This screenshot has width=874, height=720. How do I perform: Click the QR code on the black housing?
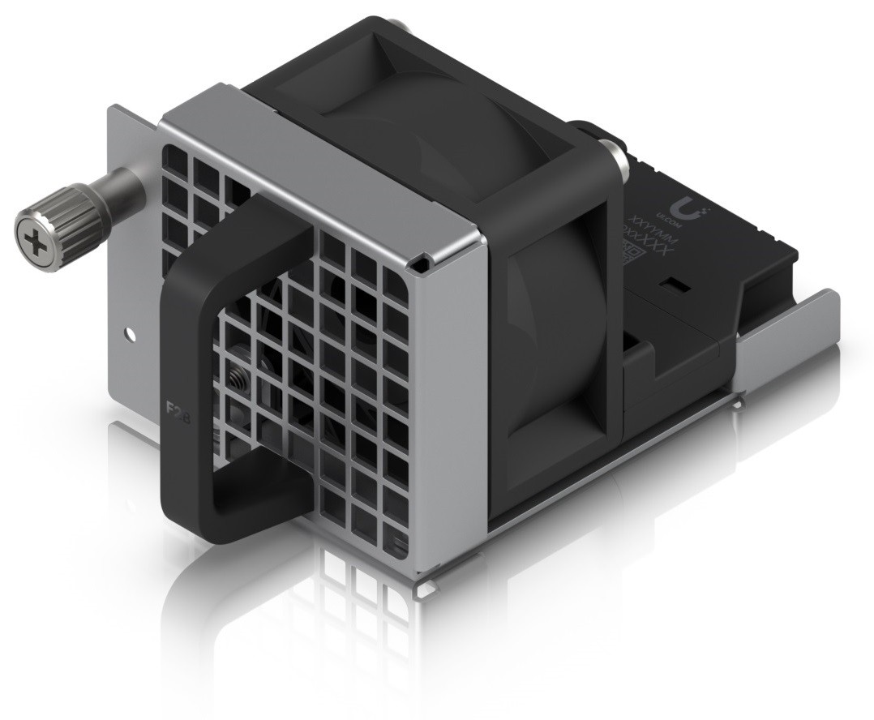point(630,258)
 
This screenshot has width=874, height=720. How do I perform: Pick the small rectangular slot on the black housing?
point(671,286)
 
